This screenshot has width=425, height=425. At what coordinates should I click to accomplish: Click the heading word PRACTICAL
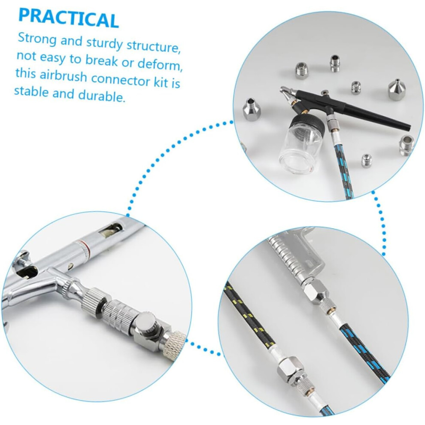[x=69, y=18]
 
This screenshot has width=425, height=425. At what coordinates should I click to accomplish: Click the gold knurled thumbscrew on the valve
[x=176, y=345]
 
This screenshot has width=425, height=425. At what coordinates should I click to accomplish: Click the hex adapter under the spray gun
[x=316, y=291]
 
